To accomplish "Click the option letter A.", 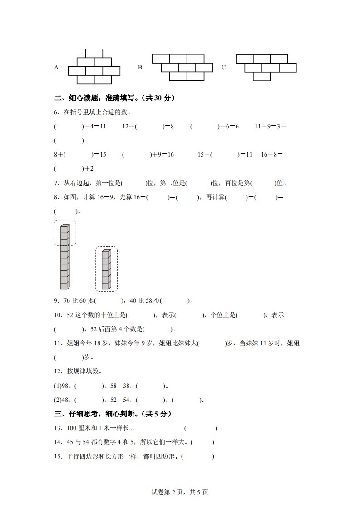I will point(57,68).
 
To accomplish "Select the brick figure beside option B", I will point(182,67).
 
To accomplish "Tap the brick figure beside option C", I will point(266,67).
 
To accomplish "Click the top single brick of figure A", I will point(94,53).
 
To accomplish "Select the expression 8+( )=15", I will point(80,155).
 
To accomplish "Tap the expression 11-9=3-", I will point(270,127).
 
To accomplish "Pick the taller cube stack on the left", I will point(64,256).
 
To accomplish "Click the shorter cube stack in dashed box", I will point(106,269).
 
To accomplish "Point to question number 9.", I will point(56,300).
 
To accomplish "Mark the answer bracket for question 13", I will point(200,428).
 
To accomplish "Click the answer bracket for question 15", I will point(197,457).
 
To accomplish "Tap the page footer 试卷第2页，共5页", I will point(180,492).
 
